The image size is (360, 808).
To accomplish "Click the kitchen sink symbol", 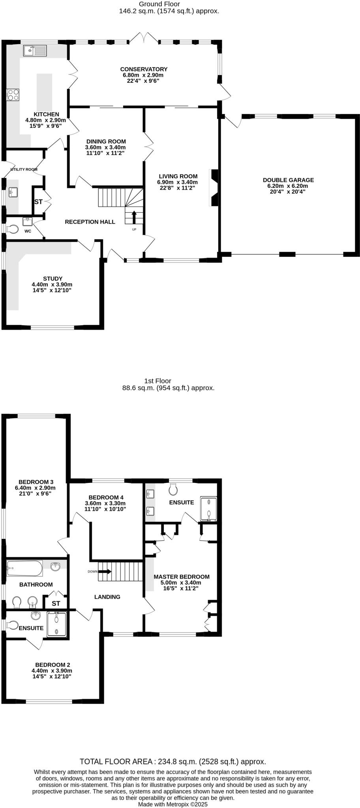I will [35, 51].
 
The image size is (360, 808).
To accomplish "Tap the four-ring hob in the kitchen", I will [13, 95].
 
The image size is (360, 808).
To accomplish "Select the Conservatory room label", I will [144, 69].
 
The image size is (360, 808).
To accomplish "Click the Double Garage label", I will [288, 180].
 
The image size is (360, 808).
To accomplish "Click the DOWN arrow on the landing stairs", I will [105, 571].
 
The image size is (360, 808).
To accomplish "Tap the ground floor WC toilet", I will [12, 229].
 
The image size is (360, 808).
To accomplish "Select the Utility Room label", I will [24, 169].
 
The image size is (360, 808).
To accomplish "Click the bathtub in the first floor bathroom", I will [24, 569].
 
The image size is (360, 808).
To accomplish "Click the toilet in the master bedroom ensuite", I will [173, 489].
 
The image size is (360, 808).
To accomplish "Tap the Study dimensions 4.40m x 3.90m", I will [52, 284].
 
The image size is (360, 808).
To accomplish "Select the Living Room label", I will [178, 176].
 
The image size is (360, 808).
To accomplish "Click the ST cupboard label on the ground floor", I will [38, 202].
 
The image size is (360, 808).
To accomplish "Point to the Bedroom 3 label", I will [36, 482].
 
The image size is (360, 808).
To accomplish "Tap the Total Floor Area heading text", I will [172, 761].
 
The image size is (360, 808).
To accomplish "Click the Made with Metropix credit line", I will [172, 804].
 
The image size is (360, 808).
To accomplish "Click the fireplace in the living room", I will [214, 188].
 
